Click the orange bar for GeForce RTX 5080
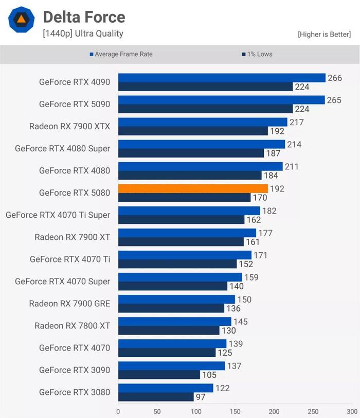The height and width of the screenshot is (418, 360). (x=193, y=188)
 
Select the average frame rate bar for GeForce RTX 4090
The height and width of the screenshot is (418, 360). (x=222, y=78)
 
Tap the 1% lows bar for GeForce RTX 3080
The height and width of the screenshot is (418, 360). (x=156, y=397)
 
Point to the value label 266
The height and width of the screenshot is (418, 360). (x=335, y=78)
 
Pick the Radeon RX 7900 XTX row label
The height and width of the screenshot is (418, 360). (x=69, y=126)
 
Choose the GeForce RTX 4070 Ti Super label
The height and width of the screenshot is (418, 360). (x=58, y=215)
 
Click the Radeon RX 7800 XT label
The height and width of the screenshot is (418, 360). (x=72, y=325)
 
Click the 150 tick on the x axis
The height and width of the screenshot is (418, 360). (x=235, y=412)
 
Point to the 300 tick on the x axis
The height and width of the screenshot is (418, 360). (x=352, y=412)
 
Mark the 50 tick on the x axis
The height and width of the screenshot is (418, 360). (x=157, y=412)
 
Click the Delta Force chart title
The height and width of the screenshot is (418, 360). (x=84, y=17)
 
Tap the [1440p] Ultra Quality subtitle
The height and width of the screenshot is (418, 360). (x=83, y=33)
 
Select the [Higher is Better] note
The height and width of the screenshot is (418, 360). (x=324, y=34)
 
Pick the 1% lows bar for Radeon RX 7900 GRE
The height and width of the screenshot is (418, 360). (x=171, y=308)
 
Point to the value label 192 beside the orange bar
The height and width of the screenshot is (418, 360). (x=277, y=189)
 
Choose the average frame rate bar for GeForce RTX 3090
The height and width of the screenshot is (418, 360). (x=171, y=365)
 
